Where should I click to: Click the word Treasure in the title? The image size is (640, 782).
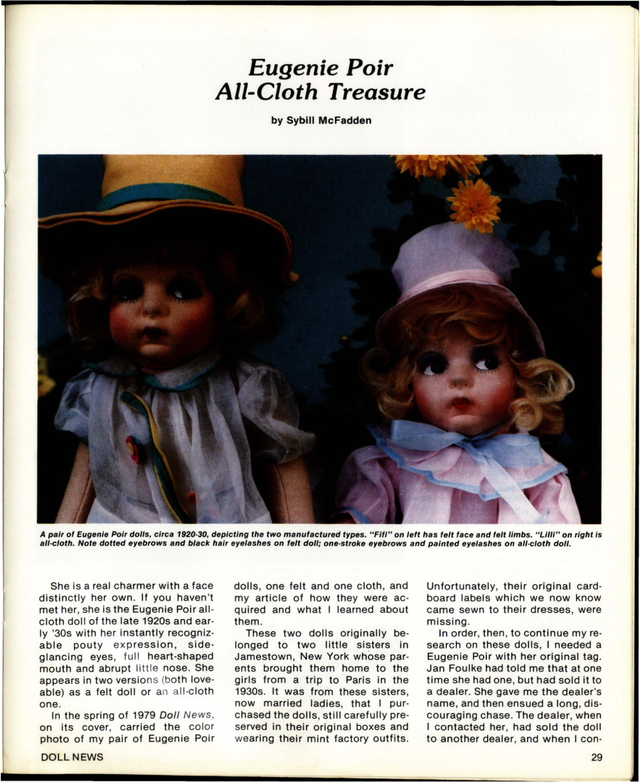click(x=381, y=92)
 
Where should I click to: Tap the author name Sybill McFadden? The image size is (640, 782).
click(x=321, y=120)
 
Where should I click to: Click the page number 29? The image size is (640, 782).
click(x=596, y=757)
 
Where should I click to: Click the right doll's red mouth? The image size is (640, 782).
click(x=462, y=404)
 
